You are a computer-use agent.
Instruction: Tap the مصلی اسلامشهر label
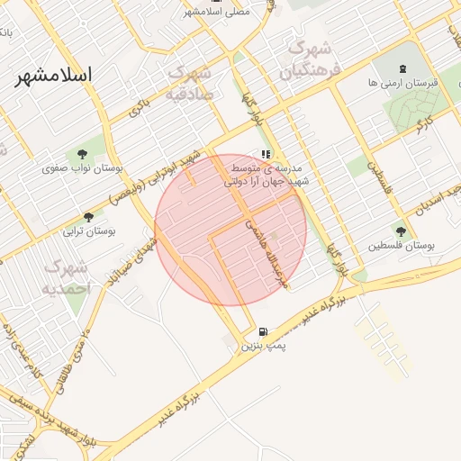(216, 12)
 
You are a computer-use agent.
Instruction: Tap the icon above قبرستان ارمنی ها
(402, 68)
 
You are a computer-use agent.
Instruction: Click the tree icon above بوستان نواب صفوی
(83, 154)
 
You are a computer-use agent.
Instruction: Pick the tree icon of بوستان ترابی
(88, 217)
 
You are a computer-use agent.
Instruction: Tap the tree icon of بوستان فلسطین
(401, 231)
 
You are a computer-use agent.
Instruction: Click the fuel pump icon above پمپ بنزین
(263, 331)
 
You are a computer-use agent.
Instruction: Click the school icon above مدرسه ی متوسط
(266, 155)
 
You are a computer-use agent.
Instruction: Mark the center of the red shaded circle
(230, 230)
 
